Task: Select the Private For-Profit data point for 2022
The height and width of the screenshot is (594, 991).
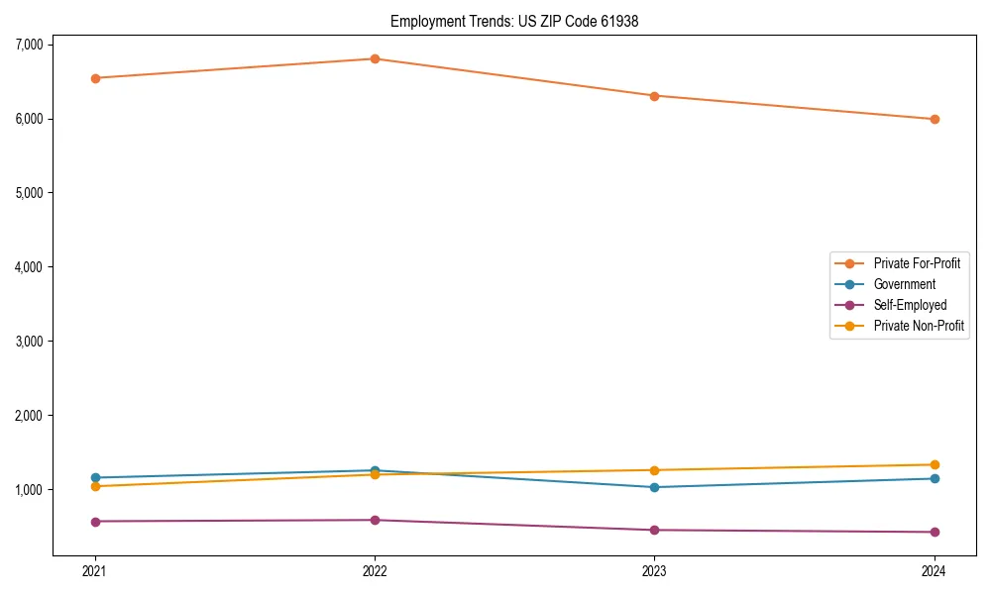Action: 375,58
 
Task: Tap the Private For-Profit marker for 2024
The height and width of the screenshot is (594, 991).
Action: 934,119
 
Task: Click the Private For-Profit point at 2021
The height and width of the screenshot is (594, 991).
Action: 95,78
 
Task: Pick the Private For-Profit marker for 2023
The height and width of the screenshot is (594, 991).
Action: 654,96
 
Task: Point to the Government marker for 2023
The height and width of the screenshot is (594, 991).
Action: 654,487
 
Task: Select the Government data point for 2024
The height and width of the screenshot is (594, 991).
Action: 934,478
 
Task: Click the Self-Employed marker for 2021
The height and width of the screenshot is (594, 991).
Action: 95,522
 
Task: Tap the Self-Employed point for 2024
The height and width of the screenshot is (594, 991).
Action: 934,532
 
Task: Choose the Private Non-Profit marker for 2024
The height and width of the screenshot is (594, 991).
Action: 934,464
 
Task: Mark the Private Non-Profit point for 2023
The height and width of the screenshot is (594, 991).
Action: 654,470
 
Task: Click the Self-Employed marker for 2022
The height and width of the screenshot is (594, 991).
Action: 375,520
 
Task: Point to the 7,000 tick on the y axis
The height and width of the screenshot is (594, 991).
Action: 30,45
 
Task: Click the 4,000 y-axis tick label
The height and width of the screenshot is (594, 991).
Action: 30,267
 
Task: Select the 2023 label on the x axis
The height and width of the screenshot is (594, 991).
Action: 654,571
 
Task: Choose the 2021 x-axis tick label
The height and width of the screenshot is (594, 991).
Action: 95,571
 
